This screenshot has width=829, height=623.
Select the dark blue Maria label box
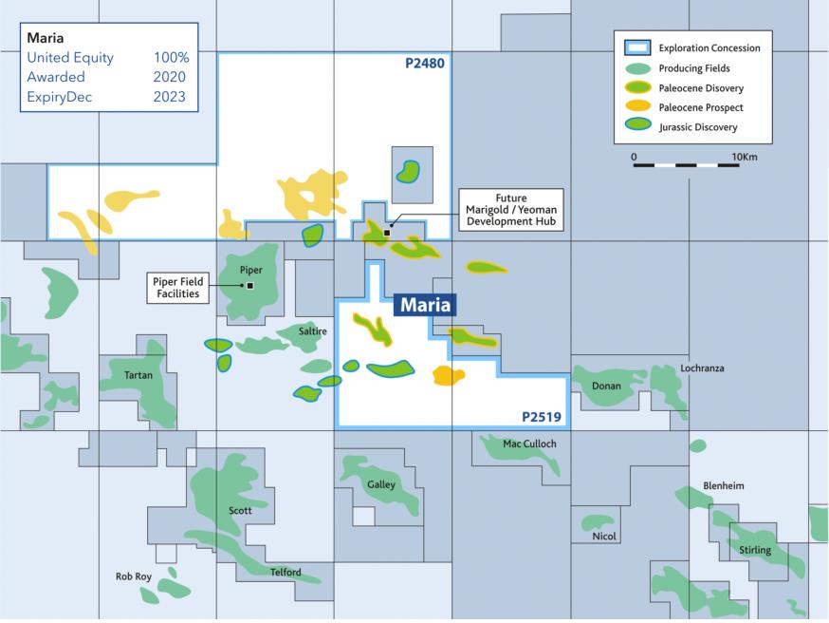(x=425, y=305)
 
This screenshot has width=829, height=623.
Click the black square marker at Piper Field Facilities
(x=250, y=285)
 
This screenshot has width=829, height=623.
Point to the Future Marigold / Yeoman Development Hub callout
(x=510, y=210)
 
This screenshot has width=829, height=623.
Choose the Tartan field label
(x=138, y=375)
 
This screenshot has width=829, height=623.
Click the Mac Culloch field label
(x=529, y=444)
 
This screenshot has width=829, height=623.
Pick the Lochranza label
(x=702, y=368)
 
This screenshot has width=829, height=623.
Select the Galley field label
(x=380, y=484)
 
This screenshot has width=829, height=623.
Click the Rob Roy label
(x=134, y=576)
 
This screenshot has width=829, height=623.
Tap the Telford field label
(x=286, y=572)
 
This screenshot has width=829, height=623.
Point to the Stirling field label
(x=755, y=550)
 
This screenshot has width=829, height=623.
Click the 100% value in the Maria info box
(x=172, y=58)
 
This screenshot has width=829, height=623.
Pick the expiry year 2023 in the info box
(x=169, y=97)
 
